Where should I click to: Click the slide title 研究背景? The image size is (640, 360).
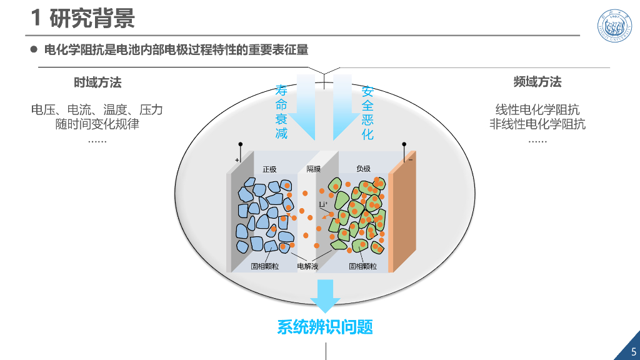point(92,18)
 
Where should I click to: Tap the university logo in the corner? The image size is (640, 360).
point(614,26)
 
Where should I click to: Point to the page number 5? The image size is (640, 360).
point(634,351)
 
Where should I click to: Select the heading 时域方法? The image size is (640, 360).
point(97,82)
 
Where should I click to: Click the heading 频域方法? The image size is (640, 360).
point(537,82)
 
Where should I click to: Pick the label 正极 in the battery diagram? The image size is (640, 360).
point(269,169)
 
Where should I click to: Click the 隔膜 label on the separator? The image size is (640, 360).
point(314,169)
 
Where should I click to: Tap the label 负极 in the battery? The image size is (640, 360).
point(363,169)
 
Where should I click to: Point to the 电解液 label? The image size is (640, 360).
point(307,266)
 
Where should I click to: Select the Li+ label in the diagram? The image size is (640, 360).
point(323,204)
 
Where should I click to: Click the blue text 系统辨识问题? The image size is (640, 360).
point(325,327)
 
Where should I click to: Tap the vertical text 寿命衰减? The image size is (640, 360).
point(281,112)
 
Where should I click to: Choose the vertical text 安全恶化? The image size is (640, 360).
point(367,112)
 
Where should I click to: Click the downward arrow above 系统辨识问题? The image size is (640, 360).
point(325,296)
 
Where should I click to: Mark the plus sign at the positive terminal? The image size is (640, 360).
point(237,160)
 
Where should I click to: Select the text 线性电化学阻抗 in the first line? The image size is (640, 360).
point(537,110)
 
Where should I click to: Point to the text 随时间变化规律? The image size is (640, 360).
point(97,124)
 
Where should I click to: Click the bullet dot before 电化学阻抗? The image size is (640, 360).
point(34,50)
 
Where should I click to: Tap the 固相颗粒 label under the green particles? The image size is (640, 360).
point(363,266)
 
